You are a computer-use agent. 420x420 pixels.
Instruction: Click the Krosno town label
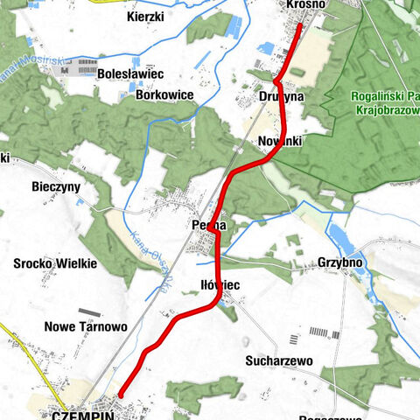pos(305,5)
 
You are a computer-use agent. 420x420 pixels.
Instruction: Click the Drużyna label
pos(281,95)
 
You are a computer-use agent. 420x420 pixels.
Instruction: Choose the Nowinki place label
pos(280,141)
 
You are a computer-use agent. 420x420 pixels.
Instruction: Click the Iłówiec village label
pos(220,285)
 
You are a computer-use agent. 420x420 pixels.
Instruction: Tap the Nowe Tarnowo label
pos(86,326)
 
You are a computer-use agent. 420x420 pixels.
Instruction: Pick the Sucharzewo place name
pos(279,360)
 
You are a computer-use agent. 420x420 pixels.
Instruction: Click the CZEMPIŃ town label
pos(84,415)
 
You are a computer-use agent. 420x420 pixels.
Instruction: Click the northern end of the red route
pos(299,25)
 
